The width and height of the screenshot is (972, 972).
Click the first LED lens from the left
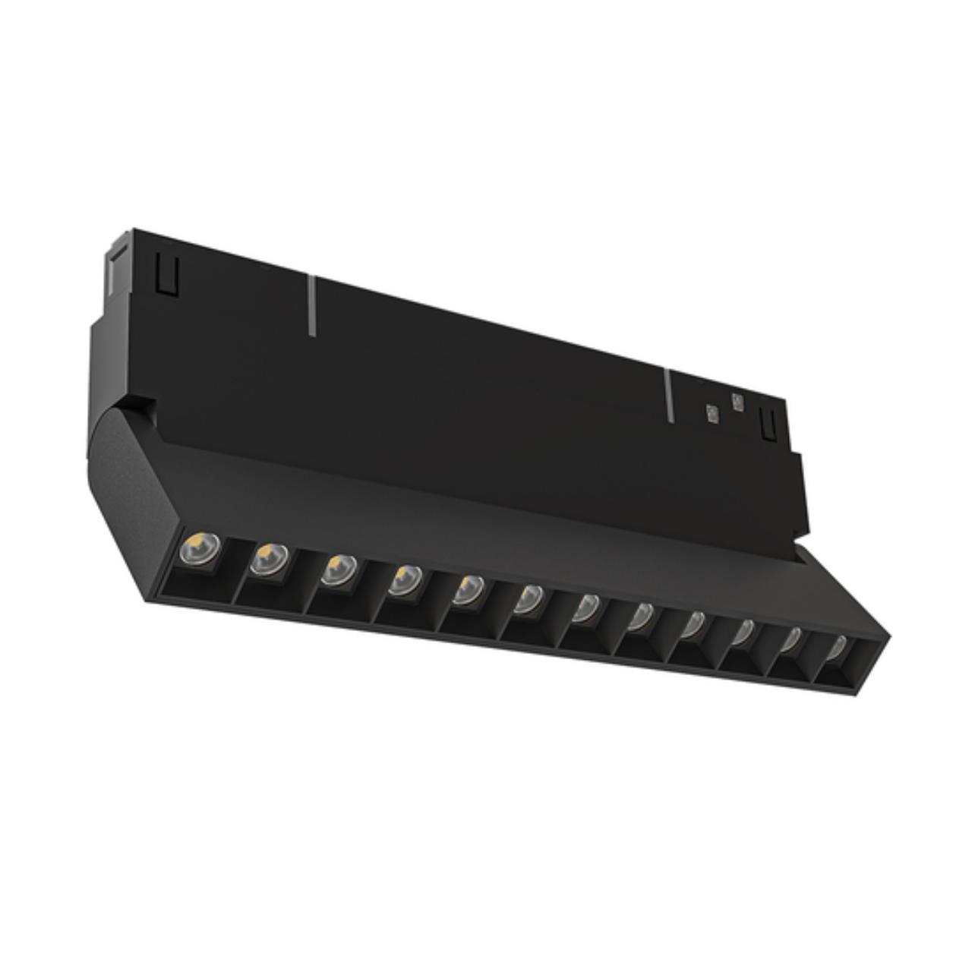(x=199, y=549)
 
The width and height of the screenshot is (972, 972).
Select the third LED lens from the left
(x=338, y=570)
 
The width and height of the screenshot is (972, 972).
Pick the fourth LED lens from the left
(x=406, y=579)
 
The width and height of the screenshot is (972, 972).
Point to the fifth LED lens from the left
(x=469, y=589)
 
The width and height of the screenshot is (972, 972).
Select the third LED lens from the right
(x=743, y=632)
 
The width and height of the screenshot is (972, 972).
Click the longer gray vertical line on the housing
(x=311, y=305)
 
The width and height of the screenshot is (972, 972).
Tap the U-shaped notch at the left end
(x=166, y=273)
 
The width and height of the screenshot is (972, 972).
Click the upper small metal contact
(x=735, y=402)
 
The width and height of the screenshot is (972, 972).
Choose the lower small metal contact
(x=712, y=414)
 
